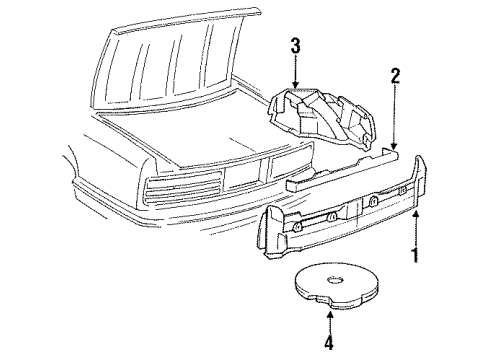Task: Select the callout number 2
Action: click(395, 75)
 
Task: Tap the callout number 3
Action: click(295, 45)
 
